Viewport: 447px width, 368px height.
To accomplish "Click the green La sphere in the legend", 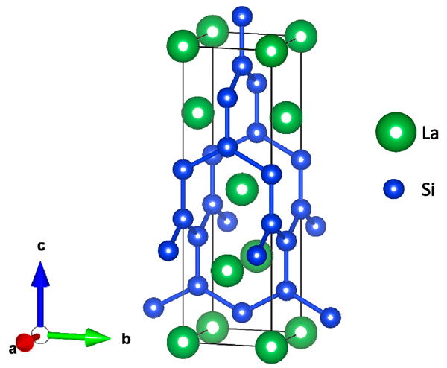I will [396, 133].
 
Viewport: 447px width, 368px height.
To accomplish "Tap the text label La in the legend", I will [429, 133].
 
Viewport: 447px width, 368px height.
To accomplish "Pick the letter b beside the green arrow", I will [126, 340].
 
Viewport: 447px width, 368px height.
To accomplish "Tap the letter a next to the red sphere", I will [12, 349].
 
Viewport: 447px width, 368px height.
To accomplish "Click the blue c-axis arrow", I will [41, 291].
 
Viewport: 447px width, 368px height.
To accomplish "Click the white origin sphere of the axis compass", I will [40, 334].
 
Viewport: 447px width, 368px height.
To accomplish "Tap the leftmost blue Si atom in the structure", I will [153, 306].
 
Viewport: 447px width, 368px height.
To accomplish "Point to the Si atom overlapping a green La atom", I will [257, 256].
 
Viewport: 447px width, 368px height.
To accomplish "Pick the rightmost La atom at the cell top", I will [300, 36].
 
